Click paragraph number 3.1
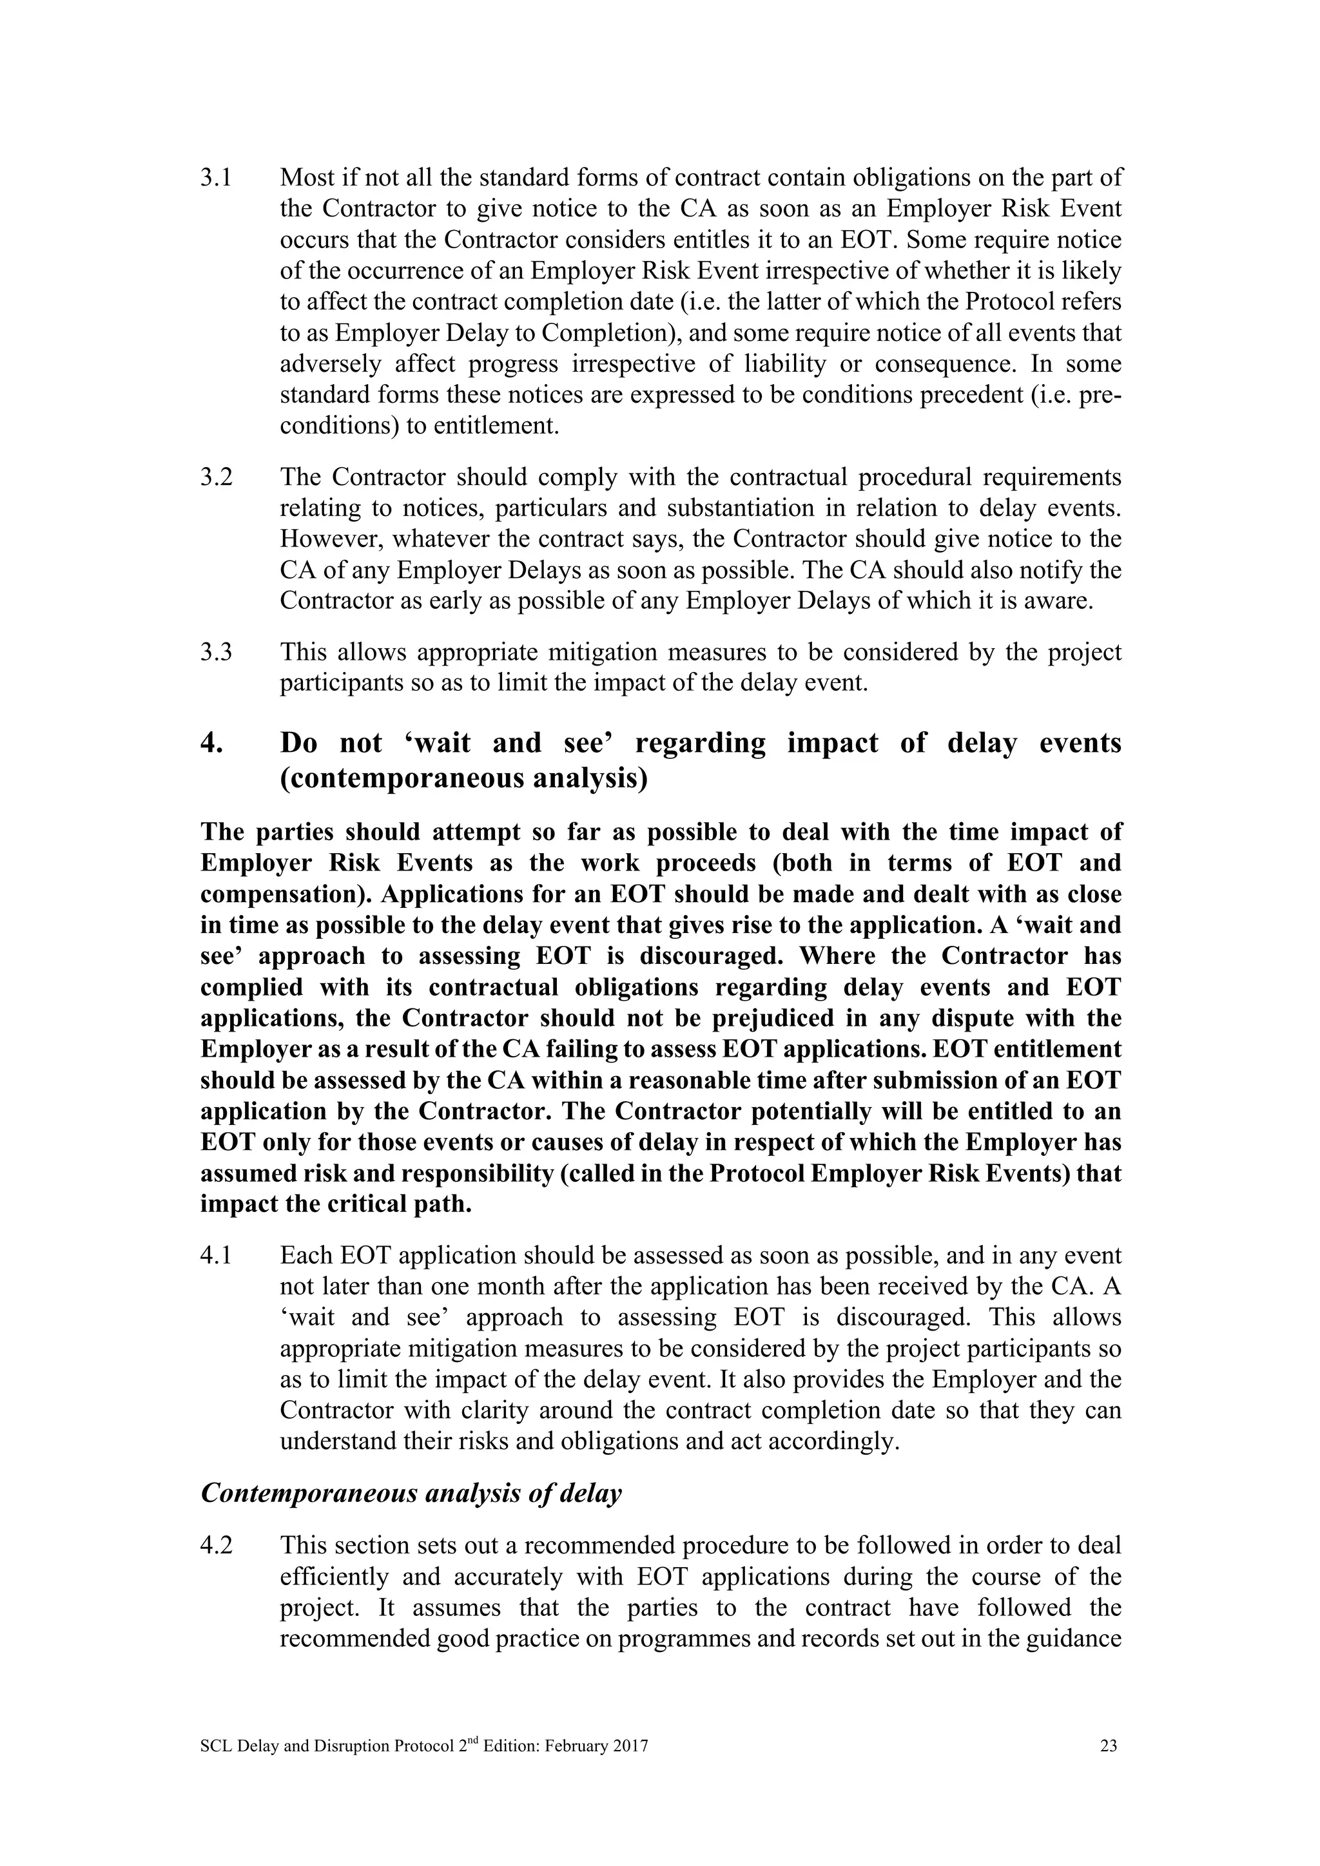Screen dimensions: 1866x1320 coord(215,178)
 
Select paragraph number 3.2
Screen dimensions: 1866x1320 coord(216,477)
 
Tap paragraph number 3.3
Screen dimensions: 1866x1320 coord(216,653)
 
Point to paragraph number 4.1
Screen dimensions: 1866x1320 coord(215,1256)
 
